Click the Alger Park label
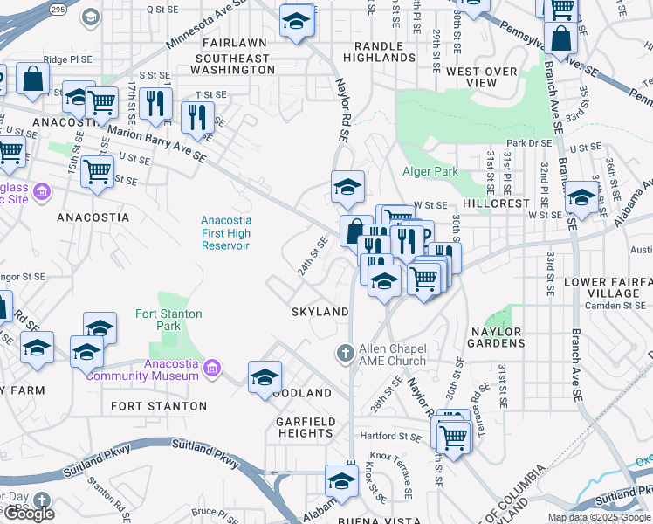430,172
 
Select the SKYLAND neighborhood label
320,312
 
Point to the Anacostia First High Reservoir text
225,233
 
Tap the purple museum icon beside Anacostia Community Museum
210,369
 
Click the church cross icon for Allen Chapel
346,354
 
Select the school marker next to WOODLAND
265,378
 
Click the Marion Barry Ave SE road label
156,144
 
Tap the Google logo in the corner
29,514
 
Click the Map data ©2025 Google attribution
599,517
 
